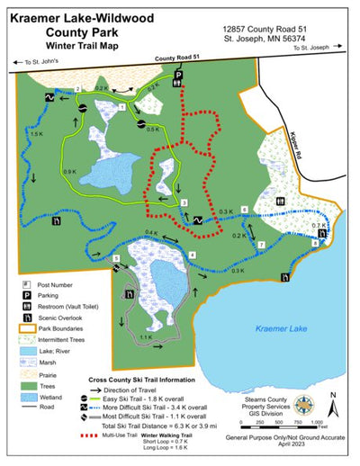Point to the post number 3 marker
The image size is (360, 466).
184,204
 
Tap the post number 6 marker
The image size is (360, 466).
246,210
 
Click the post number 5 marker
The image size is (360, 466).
115,259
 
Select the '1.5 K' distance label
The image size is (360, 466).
36,133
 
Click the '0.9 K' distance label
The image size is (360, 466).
68,172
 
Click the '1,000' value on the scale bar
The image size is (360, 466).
316,422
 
